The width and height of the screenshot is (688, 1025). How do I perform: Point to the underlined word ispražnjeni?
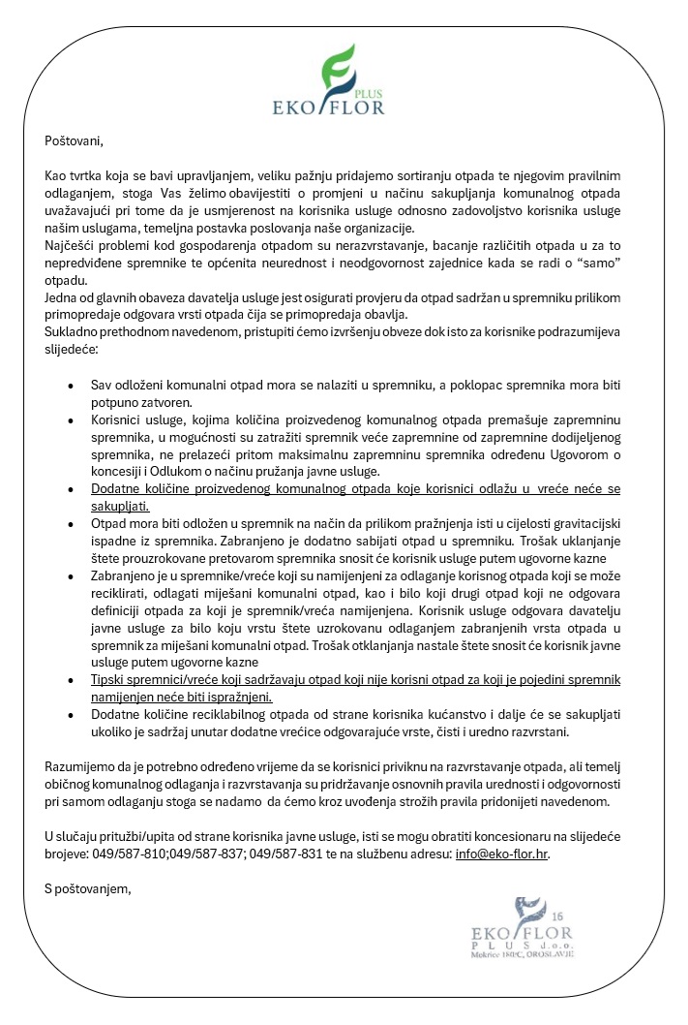point(237,696)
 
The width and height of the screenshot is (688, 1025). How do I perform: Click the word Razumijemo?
point(80,766)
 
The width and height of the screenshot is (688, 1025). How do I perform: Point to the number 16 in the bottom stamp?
point(554,916)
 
